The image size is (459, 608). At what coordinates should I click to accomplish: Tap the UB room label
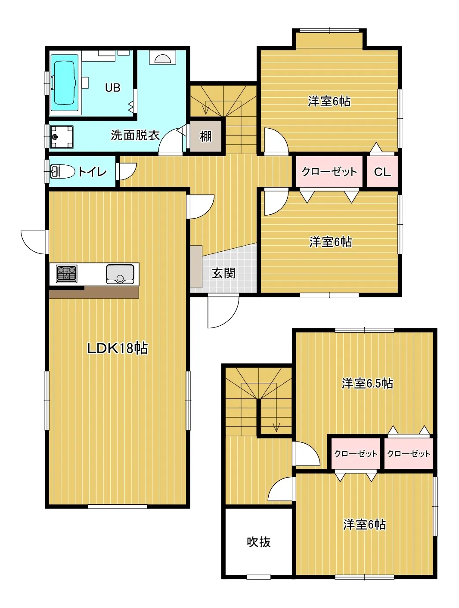[112, 88]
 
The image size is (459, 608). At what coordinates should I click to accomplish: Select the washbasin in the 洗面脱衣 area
[162, 58]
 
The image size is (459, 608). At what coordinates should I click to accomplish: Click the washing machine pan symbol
[62, 136]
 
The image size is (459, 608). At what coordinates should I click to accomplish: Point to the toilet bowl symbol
[62, 172]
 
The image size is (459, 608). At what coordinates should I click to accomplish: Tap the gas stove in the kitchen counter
[66, 274]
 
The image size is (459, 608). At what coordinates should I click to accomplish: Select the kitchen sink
[120, 274]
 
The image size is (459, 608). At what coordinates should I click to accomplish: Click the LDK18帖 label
[118, 348]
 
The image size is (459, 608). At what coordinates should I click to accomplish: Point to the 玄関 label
[223, 273]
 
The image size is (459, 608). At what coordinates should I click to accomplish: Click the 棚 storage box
[206, 136]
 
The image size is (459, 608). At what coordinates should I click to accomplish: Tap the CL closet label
[382, 172]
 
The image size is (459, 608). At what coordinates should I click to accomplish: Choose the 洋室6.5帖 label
[367, 383]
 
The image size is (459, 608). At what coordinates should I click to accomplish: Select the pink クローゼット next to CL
[329, 172]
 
